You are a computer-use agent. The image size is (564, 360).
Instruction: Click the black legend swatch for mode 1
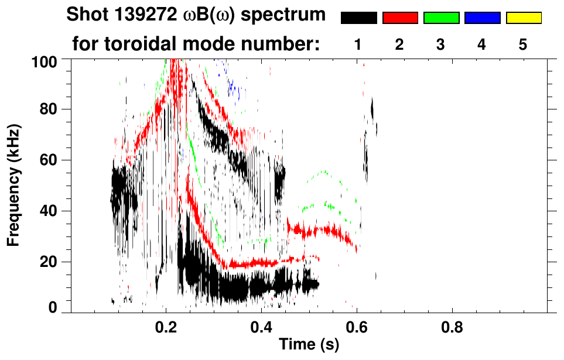tap(358, 18)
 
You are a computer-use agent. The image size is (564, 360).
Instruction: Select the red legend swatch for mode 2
tap(400, 18)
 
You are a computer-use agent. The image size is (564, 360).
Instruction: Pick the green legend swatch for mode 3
tap(441, 18)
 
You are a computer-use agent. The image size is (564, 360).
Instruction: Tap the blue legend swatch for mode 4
tap(482, 18)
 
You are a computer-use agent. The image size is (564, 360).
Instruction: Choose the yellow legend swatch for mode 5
tap(524, 18)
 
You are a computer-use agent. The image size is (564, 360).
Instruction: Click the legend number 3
tap(441, 45)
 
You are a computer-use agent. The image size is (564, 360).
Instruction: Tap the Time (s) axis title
tap(309, 345)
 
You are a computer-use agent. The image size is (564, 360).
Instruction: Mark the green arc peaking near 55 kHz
tap(323, 172)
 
